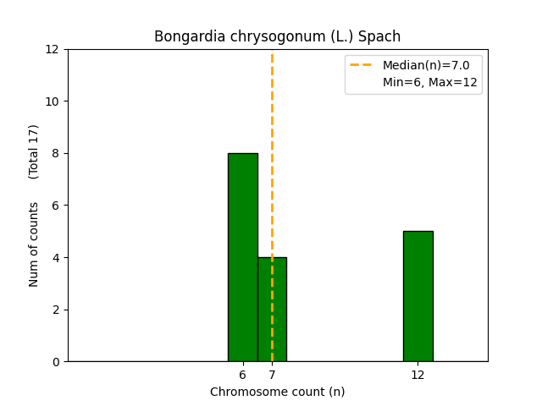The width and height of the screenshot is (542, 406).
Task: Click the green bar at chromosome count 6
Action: pos(242,257)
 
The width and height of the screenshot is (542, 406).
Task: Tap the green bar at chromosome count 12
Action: pos(418,296)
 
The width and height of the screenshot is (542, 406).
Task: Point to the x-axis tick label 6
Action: pos(242,375)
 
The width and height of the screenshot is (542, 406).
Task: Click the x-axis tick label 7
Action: pos(272,375)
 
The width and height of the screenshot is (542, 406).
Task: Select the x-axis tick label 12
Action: pos(418,375)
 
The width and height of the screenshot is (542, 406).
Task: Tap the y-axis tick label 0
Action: pos(57,362)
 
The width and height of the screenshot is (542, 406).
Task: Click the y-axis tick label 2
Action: pos(57,310)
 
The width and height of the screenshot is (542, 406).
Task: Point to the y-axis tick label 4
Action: pos(57,257)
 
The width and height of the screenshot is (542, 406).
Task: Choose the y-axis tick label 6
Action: pos(57,206)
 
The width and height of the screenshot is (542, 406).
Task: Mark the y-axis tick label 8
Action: pos(57,153)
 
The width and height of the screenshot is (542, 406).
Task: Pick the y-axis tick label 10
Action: pos(53,101)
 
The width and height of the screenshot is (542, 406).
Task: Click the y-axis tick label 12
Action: pos(53,49)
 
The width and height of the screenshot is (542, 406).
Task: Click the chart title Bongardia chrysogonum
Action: pos(277,36)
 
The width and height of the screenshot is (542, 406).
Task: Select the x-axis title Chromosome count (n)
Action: pos(277,392)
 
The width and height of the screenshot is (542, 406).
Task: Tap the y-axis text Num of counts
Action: pos(34,244)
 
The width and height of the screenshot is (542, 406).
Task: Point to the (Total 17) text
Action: pos(34,151)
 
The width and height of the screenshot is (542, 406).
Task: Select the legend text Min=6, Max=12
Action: pos(430,82)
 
